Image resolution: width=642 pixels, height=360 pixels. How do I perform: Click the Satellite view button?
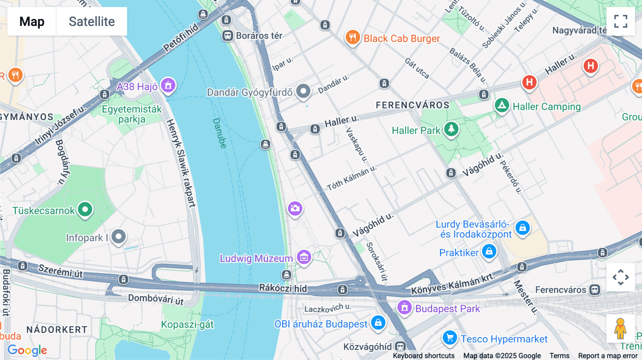pos(92,21)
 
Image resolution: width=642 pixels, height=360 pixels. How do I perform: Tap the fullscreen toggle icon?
pos(621,21)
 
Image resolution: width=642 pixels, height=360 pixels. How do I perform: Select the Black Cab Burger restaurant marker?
pos(352,37)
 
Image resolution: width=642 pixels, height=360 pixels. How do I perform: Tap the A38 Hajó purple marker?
pos(168,86)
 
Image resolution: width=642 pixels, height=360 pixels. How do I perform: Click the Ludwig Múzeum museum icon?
pos(304,257)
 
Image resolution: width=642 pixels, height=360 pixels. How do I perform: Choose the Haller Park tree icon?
pos(451,129)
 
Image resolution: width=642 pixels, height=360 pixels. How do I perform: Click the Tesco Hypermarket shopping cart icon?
pos(450,337)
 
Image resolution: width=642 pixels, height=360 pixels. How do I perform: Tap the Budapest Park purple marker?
pos(404,307)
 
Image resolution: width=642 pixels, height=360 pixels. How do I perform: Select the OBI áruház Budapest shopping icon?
pos(378,323)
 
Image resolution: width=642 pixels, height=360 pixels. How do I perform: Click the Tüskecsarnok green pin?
pos(85,209)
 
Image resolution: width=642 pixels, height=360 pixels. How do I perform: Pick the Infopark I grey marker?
pos(118,236)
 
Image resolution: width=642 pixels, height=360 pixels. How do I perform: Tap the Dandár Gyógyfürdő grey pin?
pos(304,91)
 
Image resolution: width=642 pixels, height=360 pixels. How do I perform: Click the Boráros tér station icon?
pos(228,36)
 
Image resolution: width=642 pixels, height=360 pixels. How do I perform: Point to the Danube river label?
pos(219,133)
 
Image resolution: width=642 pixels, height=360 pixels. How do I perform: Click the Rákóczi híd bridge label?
pos(282,288)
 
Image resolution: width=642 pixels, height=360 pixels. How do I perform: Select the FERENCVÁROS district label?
pos(412,105)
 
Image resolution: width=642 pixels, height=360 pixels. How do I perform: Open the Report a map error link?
pos(607,356)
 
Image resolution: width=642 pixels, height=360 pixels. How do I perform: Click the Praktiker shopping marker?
pos(489,251)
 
